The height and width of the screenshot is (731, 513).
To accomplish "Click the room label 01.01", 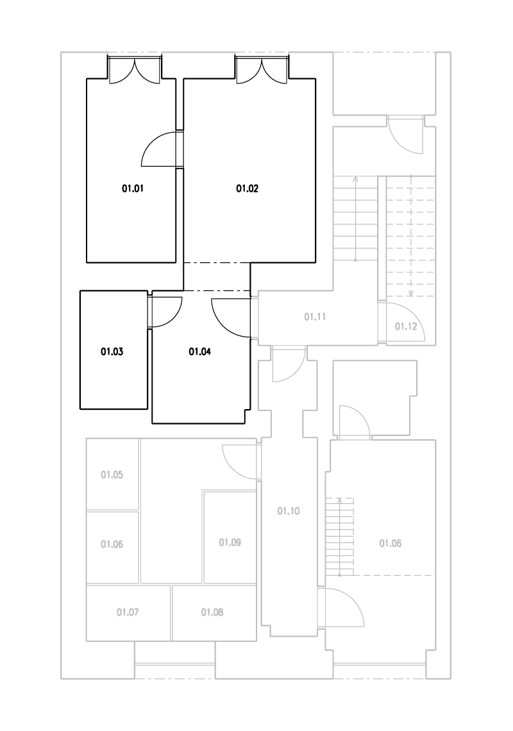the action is (x=133, y=189).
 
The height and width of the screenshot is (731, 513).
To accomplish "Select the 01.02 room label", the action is (x=247, y=189).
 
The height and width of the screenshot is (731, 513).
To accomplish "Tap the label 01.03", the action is (x=112, y=351).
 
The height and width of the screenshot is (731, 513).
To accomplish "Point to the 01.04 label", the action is (x=199, y=351).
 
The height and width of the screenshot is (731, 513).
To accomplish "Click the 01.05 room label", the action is (x=112, y=475).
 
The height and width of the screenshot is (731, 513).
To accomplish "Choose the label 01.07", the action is (x=128, y=612).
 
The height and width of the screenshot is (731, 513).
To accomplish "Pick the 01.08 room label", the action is (x=212, y=612).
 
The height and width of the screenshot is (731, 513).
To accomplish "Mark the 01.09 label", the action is (x=230, y=542).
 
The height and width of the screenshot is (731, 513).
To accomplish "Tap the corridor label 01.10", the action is (x=289, y=512).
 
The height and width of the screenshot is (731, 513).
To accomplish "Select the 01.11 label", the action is (x=315, y=317).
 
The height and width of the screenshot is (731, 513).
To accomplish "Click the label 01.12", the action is (x=406, y=326).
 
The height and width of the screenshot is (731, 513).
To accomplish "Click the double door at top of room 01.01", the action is (x=135, y=70).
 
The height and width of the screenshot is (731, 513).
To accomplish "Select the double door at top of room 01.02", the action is (x=262, y=70).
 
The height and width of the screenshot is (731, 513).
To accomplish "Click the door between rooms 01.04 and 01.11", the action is (x=231, y=317).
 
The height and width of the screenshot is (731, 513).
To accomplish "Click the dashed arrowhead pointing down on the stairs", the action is (x=411, y=293).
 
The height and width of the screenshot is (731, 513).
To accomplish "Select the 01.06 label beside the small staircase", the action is (x=391, y=544).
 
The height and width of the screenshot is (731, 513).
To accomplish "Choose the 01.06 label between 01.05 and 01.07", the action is (x=112, y=544).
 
